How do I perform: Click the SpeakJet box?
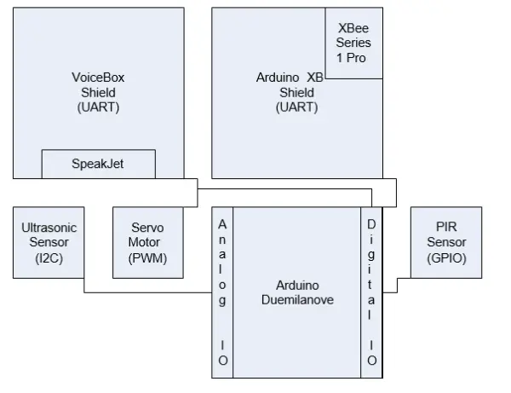(98, 164)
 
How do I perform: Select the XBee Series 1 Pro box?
(353, 43)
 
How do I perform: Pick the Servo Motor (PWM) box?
(148, 241)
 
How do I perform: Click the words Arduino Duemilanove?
(297, 291)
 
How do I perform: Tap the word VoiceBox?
(98, 77)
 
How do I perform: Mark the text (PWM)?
(148, 258)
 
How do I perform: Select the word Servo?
(148, 228)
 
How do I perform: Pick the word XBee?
(353, 27)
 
